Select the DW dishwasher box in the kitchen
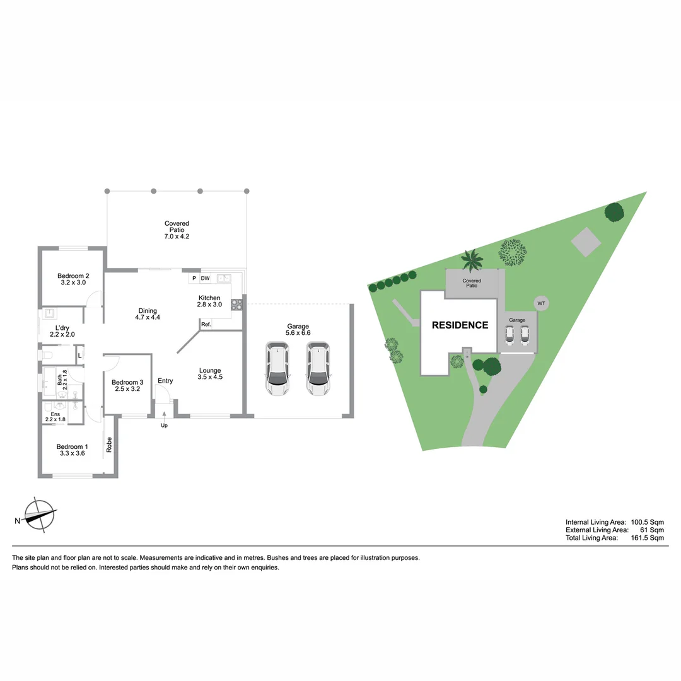tap(205, 278)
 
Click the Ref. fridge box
tap(206, 324)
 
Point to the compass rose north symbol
tap(39, 515)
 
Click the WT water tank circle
tap(541, 303)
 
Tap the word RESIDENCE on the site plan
tap(460, 325)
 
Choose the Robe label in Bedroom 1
tap(109, 445)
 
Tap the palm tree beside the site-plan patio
tap(472, 259)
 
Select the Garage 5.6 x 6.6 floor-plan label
tap(298, 329)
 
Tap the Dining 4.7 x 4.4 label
tap(148, 314)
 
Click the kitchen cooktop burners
tap(238, 305)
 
